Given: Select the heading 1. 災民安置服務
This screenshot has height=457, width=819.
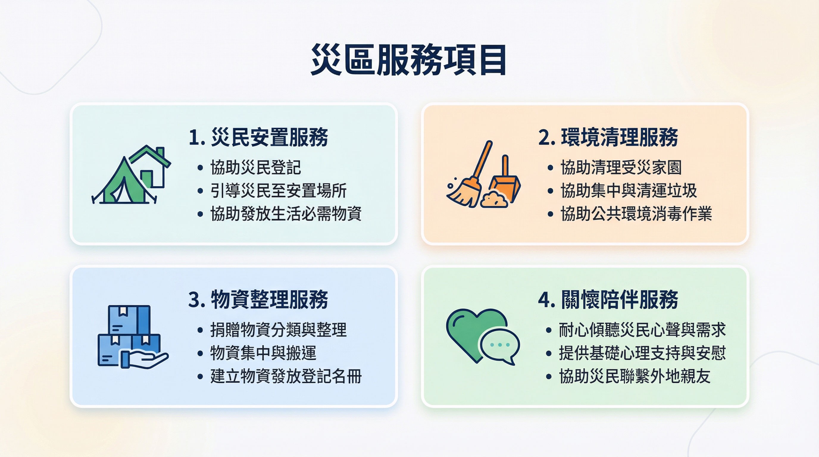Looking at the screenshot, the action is point(258,137).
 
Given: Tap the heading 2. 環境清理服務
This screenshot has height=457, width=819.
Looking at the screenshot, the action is point(608,137).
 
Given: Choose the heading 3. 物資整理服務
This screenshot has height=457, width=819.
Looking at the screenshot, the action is point(258,299).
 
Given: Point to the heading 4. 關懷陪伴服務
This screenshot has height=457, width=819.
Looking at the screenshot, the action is point(608,299).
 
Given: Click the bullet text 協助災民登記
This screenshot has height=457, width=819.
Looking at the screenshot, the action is point(255,168).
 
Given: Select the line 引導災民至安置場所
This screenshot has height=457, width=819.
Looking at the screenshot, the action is point(278,191).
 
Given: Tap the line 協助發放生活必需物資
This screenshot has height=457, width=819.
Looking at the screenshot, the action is point(286,214).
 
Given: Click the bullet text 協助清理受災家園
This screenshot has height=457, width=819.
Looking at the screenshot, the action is point(621,168).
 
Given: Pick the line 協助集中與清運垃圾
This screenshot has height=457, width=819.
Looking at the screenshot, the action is point(629,191).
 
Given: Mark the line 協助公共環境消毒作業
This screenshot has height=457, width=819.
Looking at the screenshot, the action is point(636,214).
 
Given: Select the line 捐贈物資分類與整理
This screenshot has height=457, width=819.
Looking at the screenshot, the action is point(278,330).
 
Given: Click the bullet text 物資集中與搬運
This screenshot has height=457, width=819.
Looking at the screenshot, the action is point(263,353).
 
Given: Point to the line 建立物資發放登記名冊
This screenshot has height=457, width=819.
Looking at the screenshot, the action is point(286,376).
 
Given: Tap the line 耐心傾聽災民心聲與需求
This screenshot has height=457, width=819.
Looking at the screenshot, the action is point(643,330).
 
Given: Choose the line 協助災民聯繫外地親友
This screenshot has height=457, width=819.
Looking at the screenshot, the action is point(635,376).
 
